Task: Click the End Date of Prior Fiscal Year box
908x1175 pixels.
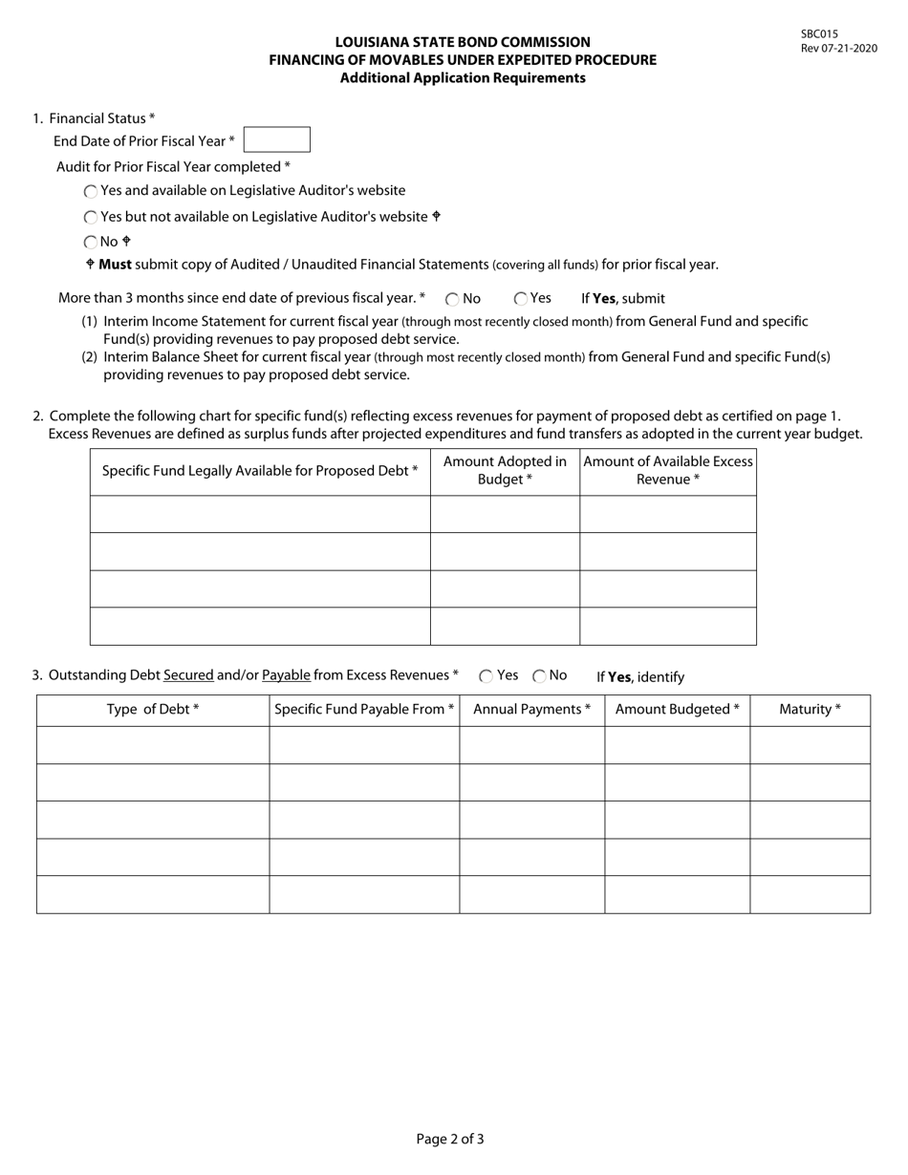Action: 276,139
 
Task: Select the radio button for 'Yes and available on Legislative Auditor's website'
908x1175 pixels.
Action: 91,191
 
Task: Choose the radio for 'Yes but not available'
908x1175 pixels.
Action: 91,218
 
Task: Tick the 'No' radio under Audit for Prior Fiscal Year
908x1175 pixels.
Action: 91,243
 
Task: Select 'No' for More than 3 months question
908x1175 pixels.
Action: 452,299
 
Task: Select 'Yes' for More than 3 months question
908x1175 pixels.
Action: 521,299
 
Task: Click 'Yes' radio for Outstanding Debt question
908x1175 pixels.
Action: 486,676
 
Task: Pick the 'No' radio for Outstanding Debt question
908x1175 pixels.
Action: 539,676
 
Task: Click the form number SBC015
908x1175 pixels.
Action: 819,33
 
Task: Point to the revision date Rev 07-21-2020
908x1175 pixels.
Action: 838,49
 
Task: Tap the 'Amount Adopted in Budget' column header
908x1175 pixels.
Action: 505,470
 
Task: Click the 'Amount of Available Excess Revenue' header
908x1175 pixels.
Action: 668,470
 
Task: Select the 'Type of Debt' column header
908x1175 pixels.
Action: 153,710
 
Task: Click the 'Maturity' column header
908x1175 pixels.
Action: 810,710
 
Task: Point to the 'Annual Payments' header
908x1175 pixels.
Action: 531,710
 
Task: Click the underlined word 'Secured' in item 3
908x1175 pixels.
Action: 188,675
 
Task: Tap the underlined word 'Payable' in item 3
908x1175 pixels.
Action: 286,675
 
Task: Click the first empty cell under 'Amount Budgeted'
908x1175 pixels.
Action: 677,745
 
